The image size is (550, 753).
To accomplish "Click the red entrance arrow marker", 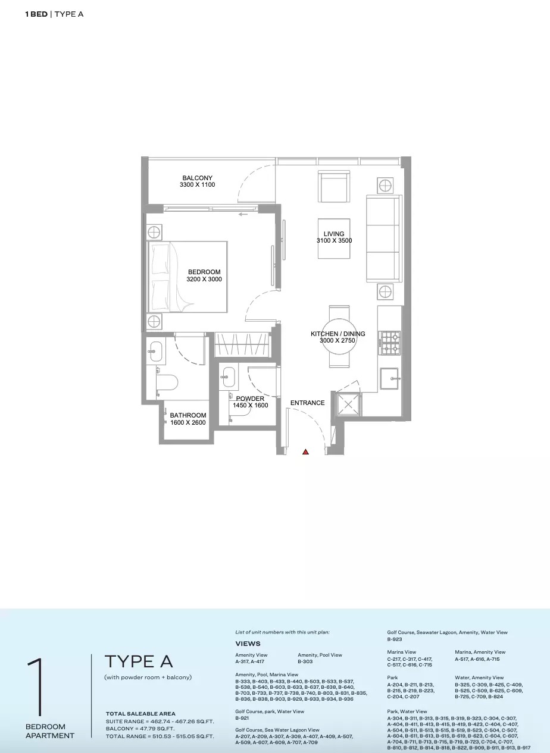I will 305,452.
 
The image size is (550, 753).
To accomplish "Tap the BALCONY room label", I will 197,178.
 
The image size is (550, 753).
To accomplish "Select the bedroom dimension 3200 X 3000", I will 204,279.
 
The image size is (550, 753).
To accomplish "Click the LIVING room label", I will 334,234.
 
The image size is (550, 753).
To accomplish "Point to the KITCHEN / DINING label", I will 337,334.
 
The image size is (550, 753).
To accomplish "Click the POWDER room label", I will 250,399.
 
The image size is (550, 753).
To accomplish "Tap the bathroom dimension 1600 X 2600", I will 187,422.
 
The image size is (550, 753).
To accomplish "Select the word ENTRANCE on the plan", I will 307,403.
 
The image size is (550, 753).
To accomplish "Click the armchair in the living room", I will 334,187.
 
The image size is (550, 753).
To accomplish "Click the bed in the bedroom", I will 187,277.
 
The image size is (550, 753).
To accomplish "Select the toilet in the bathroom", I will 167,382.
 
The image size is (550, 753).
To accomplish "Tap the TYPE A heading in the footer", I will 139,661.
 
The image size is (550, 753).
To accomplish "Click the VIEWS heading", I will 248,644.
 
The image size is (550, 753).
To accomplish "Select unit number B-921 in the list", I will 242,718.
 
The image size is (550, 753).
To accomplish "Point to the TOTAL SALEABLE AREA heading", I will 140,713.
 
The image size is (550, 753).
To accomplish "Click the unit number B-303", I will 305,661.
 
